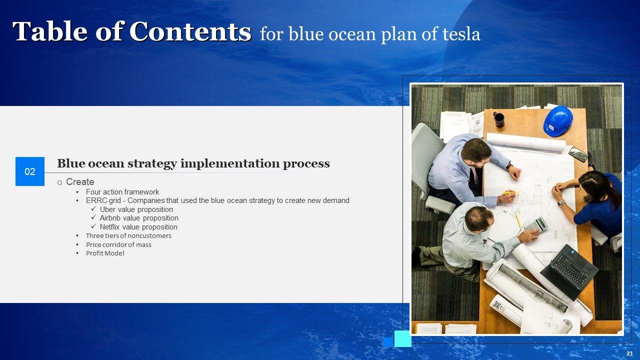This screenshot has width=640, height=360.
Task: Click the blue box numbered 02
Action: click(x=30, y=171)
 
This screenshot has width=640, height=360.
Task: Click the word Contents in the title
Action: click(x=190, y=31)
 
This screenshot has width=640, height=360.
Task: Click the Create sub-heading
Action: click(x=80, y=182)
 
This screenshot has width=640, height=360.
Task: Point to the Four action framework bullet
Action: click(x=122, y=192)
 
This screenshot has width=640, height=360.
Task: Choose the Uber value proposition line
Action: click(x=136, y=209)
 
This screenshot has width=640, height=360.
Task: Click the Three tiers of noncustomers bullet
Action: click(x=128, y=235)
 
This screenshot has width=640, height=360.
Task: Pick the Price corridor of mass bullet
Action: click(x=118, y=244)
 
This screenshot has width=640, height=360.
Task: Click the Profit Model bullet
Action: click(x=105, y=253)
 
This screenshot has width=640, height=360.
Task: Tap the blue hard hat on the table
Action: click(x=557, y=121)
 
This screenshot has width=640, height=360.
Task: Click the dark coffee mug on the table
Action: click(x=498, y=119)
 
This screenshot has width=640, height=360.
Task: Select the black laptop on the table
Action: click(x=569, y=271)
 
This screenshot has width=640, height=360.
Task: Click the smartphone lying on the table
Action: click(x=578, y=154)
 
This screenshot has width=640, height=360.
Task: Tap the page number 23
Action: click(x=629, y=353)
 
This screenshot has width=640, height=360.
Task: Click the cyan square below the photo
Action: click(x=403, y=338)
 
